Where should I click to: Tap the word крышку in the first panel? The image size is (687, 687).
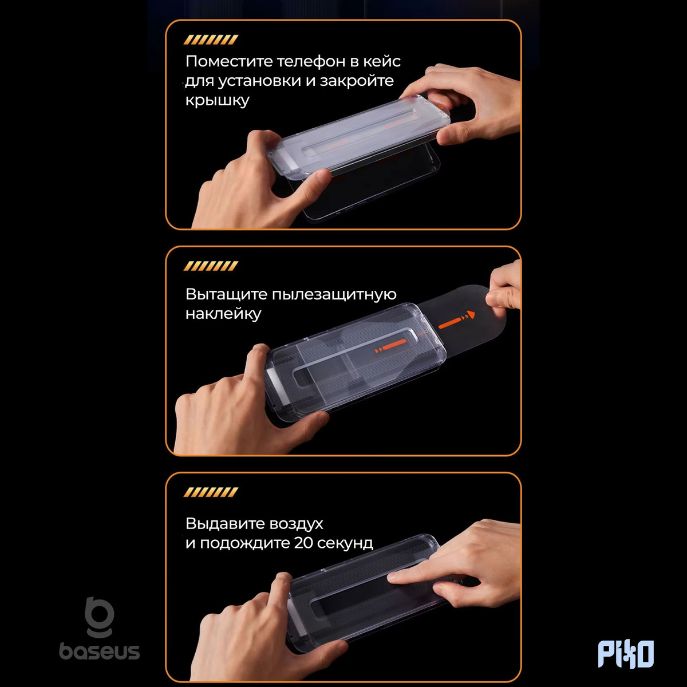217,100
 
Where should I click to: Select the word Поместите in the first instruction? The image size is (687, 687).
229,61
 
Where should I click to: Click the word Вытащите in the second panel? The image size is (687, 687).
226,294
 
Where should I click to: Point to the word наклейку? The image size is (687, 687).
223,314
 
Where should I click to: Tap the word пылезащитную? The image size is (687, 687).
334,295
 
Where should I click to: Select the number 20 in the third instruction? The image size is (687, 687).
303,543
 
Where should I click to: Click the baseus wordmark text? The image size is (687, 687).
100,651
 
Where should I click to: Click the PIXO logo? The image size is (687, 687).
626,653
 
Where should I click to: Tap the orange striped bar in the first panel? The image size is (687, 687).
211,40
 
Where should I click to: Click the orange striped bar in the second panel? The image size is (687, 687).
211,266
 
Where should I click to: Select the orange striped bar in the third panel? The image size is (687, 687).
211,492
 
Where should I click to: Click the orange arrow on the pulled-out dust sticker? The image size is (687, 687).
457,321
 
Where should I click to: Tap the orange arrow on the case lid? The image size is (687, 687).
391,345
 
